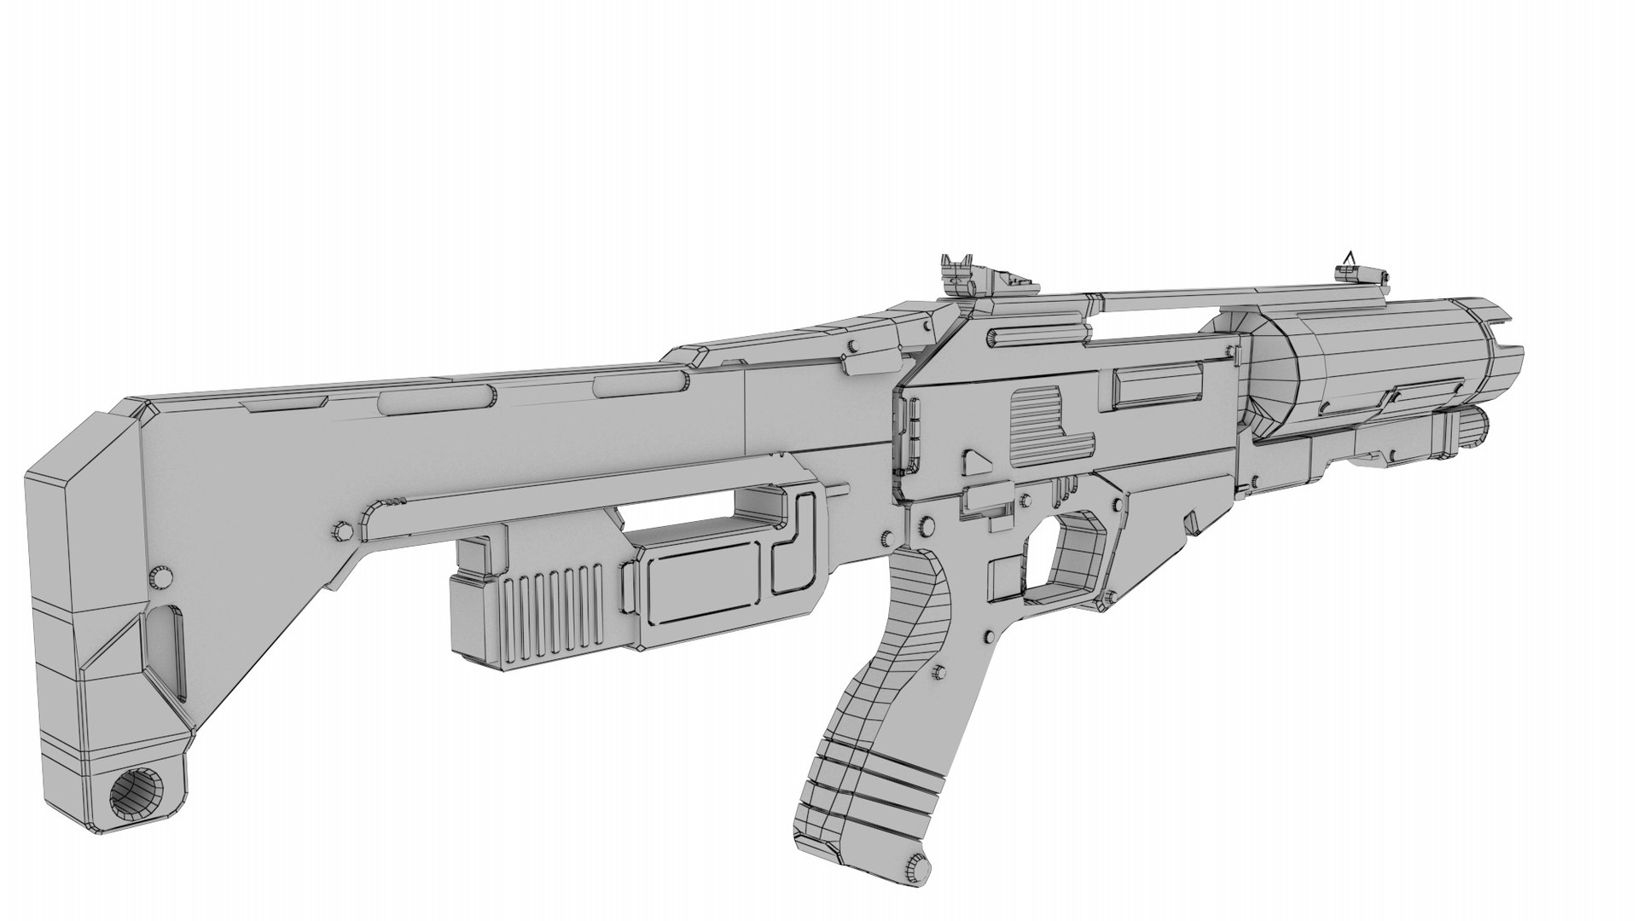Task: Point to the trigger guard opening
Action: pos(1077,553)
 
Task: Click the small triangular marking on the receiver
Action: pos(973,464)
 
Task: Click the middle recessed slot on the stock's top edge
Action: pos(435,397)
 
